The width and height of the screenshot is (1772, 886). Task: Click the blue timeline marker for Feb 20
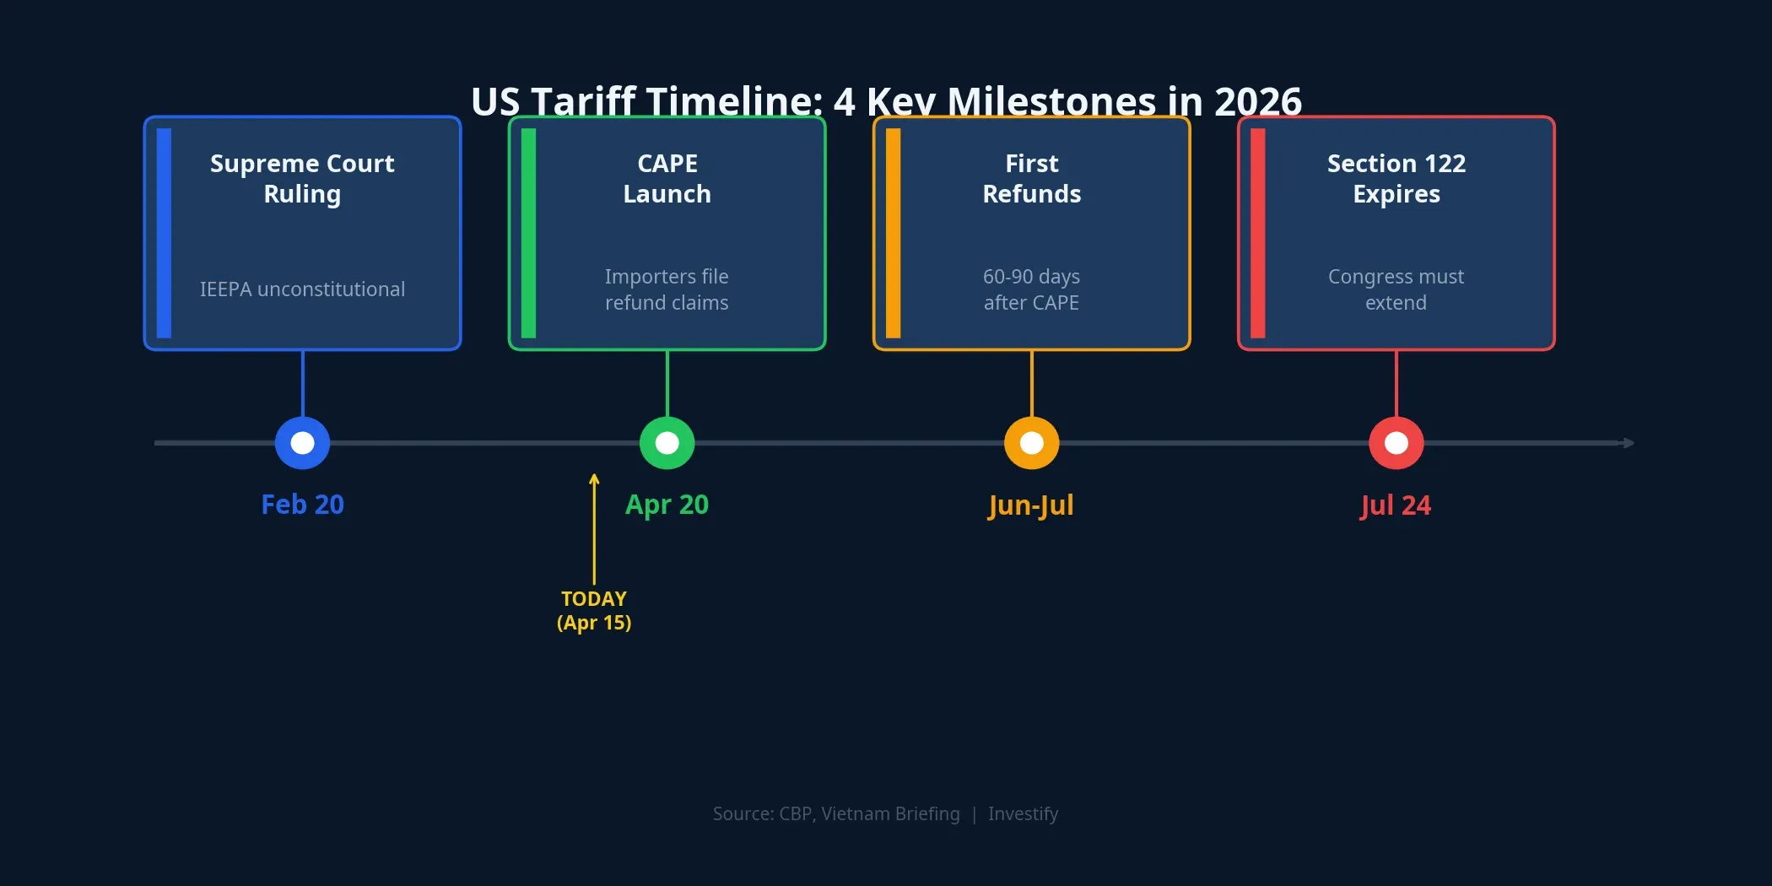pyautogui.click(x=302, y=443)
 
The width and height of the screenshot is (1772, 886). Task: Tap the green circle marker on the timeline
pyautogui.click(x=667, y=443)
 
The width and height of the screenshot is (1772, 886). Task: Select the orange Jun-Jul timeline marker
pyautogui.click(x=1031, y=443)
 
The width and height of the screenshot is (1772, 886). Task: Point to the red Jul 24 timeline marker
pyautogui.click(x=1396, y=443)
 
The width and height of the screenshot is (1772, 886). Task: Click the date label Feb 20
pyautogui.click(x=302, y=505)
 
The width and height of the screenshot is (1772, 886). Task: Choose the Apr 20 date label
pyautogui.click(x=667, y=505)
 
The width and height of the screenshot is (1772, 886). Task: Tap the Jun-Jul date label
pyautogui.click(x=1031, y=505)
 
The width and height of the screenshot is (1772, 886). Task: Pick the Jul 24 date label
pyautogui.click(x=1396, y=505)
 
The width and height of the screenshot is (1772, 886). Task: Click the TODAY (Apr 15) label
pyautogui.click(x=594, y=610)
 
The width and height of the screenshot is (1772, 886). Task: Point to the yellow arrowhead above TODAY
pyautogui.click(x=594, y=479)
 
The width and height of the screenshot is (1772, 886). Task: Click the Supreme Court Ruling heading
pyautogui.click(x=302, y=178)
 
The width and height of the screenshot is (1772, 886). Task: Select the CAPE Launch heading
pyautogui.click(x=667, y=178)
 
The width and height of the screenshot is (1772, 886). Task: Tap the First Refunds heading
pyautogui.click(x=1031, y=178)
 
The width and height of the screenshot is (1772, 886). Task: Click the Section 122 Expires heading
pyautogui.click(x=1396, y=178)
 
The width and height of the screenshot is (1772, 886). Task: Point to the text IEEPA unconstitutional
pyautogui.click(x=302, y=289)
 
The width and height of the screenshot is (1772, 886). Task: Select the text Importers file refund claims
pyautogui.click(x=667, y=289)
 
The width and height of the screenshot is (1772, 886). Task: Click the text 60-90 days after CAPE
pyautogui.click(x=1031, y=289)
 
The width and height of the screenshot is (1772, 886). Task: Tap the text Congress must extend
pyautogui.click(x=1396, y=289)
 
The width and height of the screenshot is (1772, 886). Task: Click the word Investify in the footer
pyautogui.click(x=1023, y=813)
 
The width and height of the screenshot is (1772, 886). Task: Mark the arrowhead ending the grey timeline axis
pyautogui.click(x=1629, y=443)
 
